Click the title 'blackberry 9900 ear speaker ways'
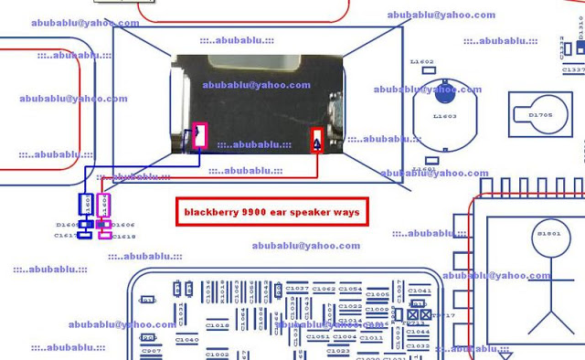click(x=271, y=212)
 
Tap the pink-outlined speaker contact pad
click(x=200, y=135)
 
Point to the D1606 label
click(x=123, y=225)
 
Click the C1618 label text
click(x=125, y=236)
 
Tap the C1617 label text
click(x=65, y=236)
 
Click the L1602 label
click(x=422, y=62)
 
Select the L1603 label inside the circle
click(x=445, y=116)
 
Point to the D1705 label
click(x=541, y=115)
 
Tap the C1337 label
click(x=573, y=69)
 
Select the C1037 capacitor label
click(x=296, y=289)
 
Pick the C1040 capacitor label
click(x=186, y=340)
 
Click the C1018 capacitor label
click(x=218, y=325)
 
